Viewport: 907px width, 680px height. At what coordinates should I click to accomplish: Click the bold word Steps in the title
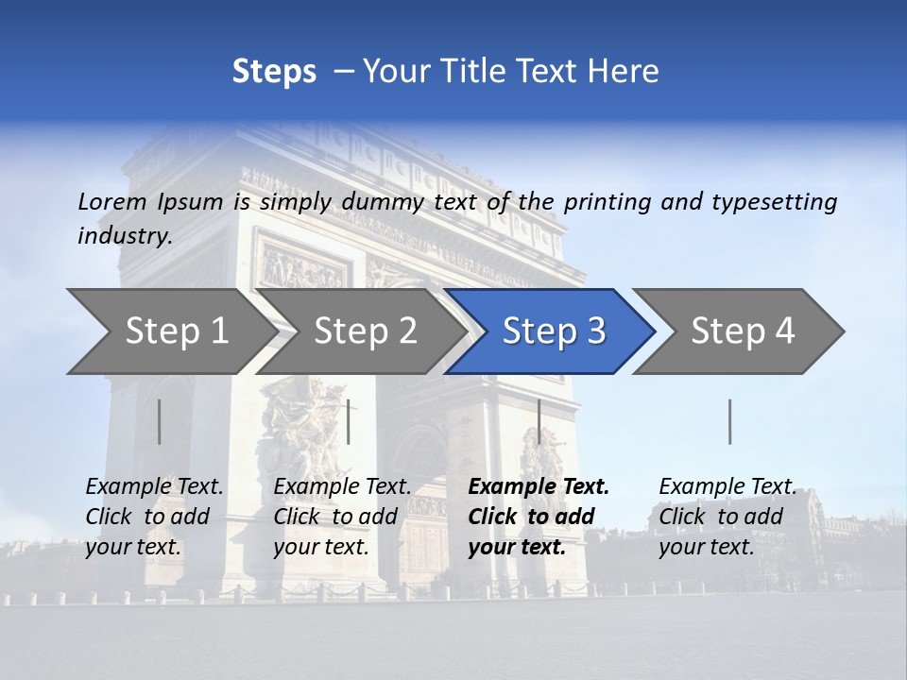[x=274, y=72]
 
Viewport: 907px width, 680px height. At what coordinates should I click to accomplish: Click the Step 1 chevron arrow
[x=170, y=331]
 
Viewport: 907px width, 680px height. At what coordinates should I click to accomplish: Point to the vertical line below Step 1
[x=160, y=421]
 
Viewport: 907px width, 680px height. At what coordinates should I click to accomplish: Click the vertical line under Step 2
[x=349, y=421]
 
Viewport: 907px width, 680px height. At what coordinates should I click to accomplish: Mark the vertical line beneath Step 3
[x=539, y=421]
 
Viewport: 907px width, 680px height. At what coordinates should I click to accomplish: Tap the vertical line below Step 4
[x=729, y=421]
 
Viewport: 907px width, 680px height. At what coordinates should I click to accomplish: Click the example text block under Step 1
[x=155, y=517]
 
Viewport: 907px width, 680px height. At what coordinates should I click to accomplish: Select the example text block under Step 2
[x=342, y=517]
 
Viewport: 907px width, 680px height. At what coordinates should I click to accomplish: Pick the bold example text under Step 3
[x=539, y=517]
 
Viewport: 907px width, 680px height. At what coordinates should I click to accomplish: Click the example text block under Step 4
[x=727, y=517]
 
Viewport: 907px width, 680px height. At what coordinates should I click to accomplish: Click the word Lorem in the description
[x=112, y=201]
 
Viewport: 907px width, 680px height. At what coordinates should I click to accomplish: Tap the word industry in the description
[x=125, y=236]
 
